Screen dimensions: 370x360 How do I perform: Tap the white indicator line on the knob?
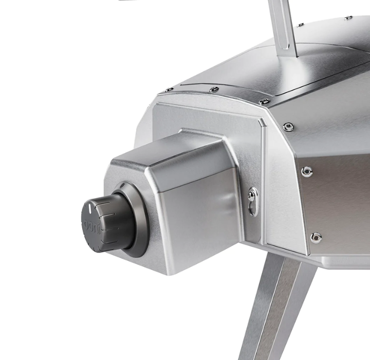coord(90,208)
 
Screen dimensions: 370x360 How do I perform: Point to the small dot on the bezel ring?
coord(122,186)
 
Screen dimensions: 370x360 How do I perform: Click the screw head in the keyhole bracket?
coord(251,195)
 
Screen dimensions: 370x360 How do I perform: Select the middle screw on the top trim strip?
coord(214,89)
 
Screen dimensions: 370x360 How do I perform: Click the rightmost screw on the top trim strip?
coord(264,102)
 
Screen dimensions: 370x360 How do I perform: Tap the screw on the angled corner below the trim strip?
coord(288,127)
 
